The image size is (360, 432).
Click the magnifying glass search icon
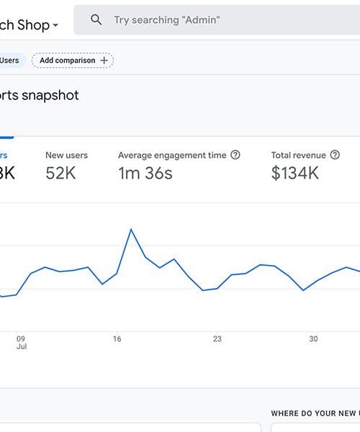pos(96,20)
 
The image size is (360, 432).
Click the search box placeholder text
pos(167,20)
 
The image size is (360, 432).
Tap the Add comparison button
pos(72,60)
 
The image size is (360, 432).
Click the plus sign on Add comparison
pos(104,60)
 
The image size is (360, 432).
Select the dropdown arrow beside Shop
pos(55,26)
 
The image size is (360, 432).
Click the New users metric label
pos(66,155)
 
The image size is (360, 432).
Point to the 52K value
pos(60,174)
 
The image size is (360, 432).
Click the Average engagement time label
pos(172,155)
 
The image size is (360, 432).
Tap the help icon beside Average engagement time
pos(235,155)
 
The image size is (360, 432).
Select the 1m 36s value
pos(145,174)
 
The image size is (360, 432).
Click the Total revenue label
pos(298,155)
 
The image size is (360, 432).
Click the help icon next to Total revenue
pos(335,155)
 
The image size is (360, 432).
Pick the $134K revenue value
pos(295,174)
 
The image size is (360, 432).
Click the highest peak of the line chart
pos(131,229)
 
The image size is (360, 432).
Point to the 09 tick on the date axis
pos(21,338)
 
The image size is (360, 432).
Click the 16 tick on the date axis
pos(117,338)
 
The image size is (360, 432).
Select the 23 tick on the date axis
pos(217,338)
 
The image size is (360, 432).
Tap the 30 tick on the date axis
pos(313,338)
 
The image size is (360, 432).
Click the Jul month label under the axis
pos(21,347)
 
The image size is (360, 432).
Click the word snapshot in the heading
pos(50,96)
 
